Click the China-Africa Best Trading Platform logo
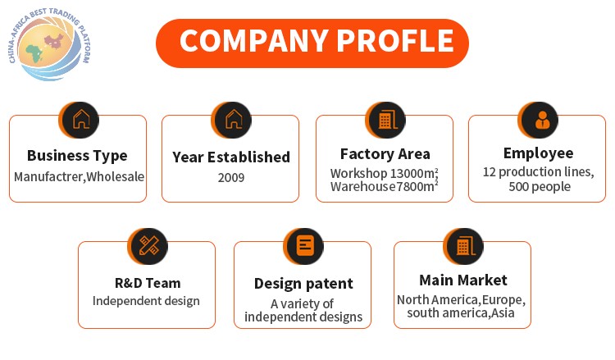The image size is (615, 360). click(x=50, y=44)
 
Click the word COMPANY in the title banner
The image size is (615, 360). click(x=254, y=41)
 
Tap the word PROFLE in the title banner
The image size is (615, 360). click(x=395, y=41)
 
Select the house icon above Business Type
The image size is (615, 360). click(x=80, y=120)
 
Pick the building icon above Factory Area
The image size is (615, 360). click(x=386, y=120)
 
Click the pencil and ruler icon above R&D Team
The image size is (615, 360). click(x=148, y=246)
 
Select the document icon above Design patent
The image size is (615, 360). click(x=304, y=246)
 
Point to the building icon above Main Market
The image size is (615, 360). click(x=464, y=246)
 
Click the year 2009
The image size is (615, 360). click(x=231, y=178)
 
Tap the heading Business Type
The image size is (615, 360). click(x=77, y=156)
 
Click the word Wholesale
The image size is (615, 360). click(x=116, y=177)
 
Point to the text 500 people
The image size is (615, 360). click(x=540, y=187)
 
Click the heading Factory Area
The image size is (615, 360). click(x=385, y=154)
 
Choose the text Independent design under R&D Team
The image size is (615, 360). click(x=146, y=301)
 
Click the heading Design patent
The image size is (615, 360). click(x=303, y=284)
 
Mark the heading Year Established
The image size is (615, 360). click(x=231, y=157)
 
